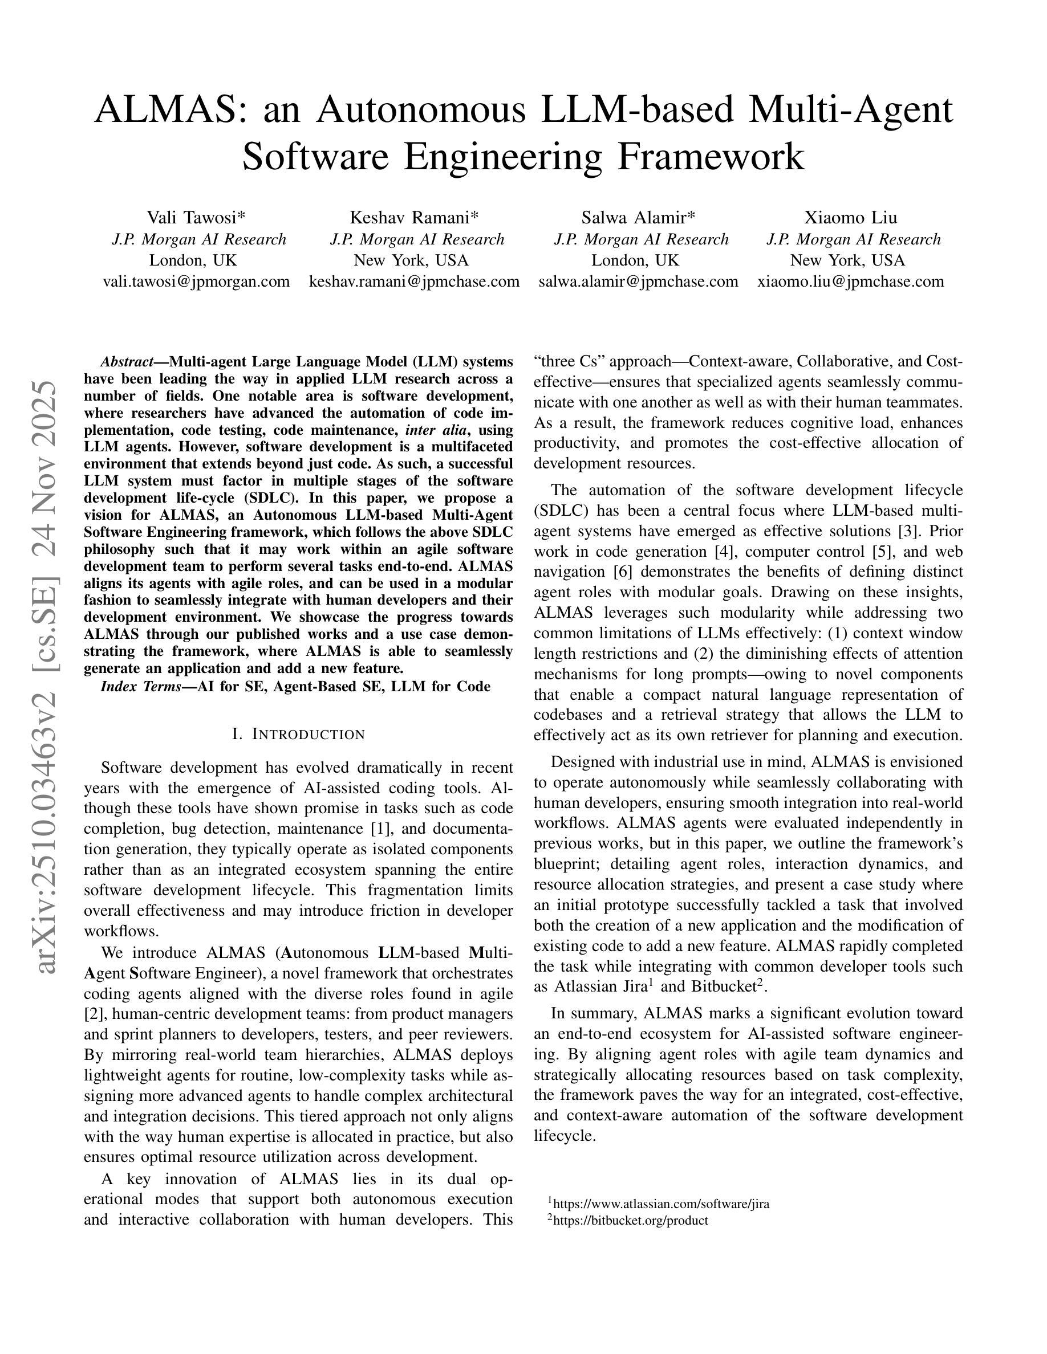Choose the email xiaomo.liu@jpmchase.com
(x=850, y=282)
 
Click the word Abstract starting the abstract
(x=127, y=362)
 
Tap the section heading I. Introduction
(x=298, y=735)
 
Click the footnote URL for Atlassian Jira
(x=661, y=1204)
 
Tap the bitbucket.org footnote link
(x=630, y=1220)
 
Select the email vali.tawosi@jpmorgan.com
(x=196, y=282)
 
